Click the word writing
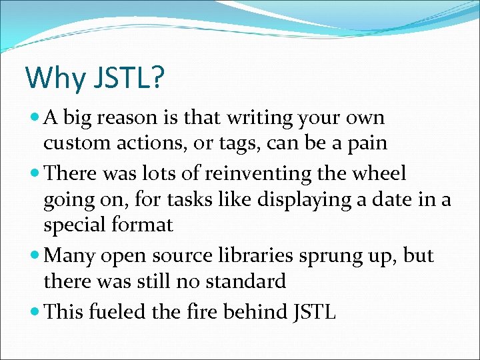tap(257, 119)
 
